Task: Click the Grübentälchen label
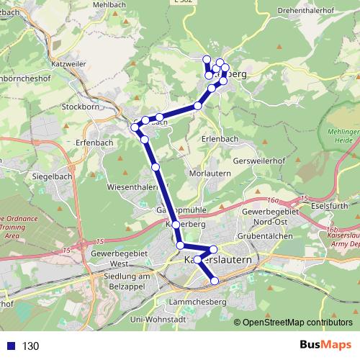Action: pyautogui.click(x=266, y=236)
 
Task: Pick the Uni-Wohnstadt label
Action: pyautogui.click(x=158, y=319)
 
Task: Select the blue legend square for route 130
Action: pyautogui.click(x=9, y=346)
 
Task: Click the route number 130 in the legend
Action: pyautogui.click(x=30, y=346)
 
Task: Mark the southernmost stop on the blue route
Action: pyautogui.click(x=214, y=280)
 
